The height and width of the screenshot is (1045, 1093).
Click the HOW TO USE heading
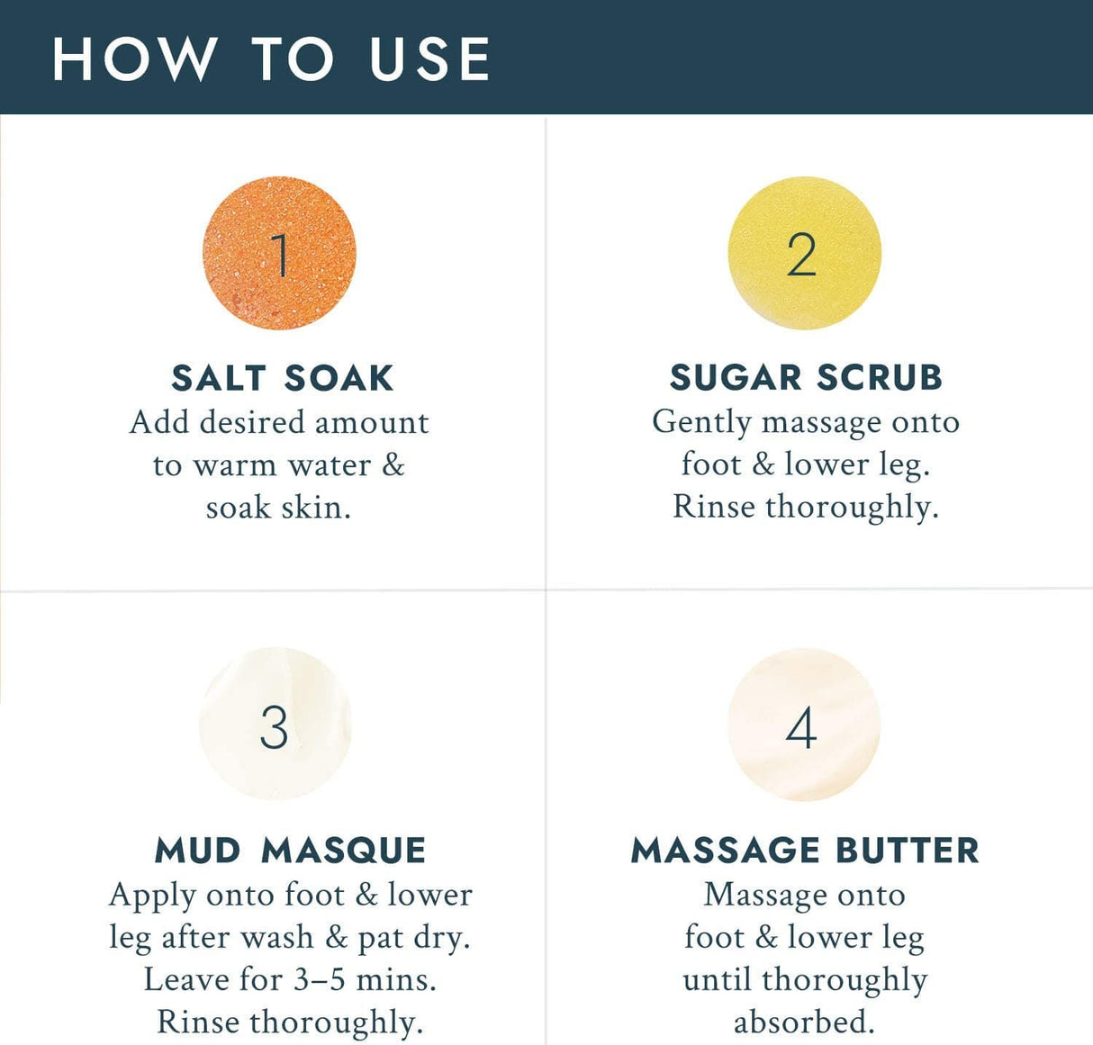271,59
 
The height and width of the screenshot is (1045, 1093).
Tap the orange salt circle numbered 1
279,253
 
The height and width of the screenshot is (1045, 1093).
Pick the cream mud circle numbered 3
276,725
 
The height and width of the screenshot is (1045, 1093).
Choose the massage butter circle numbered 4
804,725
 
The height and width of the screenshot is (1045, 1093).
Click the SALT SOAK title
282,378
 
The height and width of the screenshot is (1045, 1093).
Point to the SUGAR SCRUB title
806,377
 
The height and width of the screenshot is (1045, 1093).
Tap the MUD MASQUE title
290,851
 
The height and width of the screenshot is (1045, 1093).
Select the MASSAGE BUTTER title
805,851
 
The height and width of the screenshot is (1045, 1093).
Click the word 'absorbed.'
804,1021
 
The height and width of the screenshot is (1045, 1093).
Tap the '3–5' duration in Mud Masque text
319,980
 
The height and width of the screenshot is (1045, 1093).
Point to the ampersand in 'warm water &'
393,465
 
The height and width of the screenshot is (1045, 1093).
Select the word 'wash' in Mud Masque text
277,937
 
